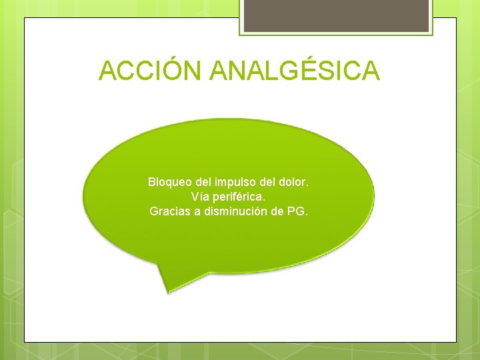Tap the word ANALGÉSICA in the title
click(295, 71)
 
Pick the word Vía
click(199, 197)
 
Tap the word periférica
click(238, 197)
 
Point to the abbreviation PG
click(297, 212)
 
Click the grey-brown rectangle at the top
click(336, 15)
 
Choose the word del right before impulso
click(201, 181)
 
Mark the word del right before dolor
click(268, 181)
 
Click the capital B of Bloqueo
click(151, 181)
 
